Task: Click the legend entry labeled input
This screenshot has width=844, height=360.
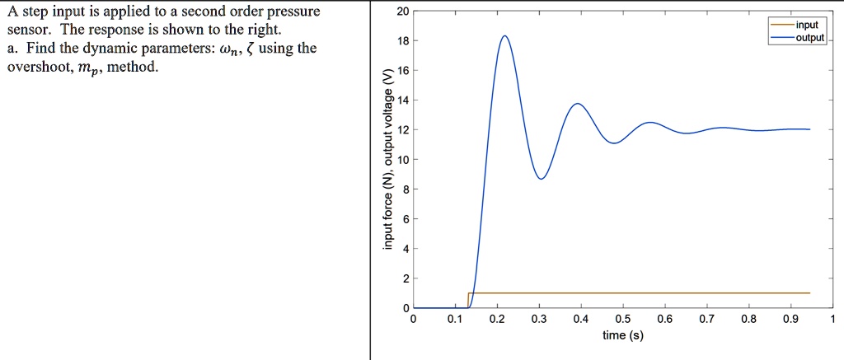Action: click(x=807, y=26)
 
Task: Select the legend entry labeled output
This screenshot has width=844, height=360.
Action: click(x=809, y=37)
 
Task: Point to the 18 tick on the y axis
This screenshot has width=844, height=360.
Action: click(x=401, y=41)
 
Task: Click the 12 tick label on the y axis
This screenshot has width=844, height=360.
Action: click(x=401, y=130)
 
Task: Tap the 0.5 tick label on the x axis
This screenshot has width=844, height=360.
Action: click(x=623, y=320)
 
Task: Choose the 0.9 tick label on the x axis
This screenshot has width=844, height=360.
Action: click(x=791, y=320)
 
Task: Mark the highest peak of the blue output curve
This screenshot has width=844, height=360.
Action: click(x=504, y=35)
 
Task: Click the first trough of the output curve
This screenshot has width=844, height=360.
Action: click(x=542, y=179)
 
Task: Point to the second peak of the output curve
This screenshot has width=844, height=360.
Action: click(x=578, y=104)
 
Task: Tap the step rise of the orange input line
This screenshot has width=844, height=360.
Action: click(x=468, y=300)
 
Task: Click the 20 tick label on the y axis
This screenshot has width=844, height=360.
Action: click(x=401, y=12)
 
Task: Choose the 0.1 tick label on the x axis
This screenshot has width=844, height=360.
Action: click(x=455, y=320)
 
